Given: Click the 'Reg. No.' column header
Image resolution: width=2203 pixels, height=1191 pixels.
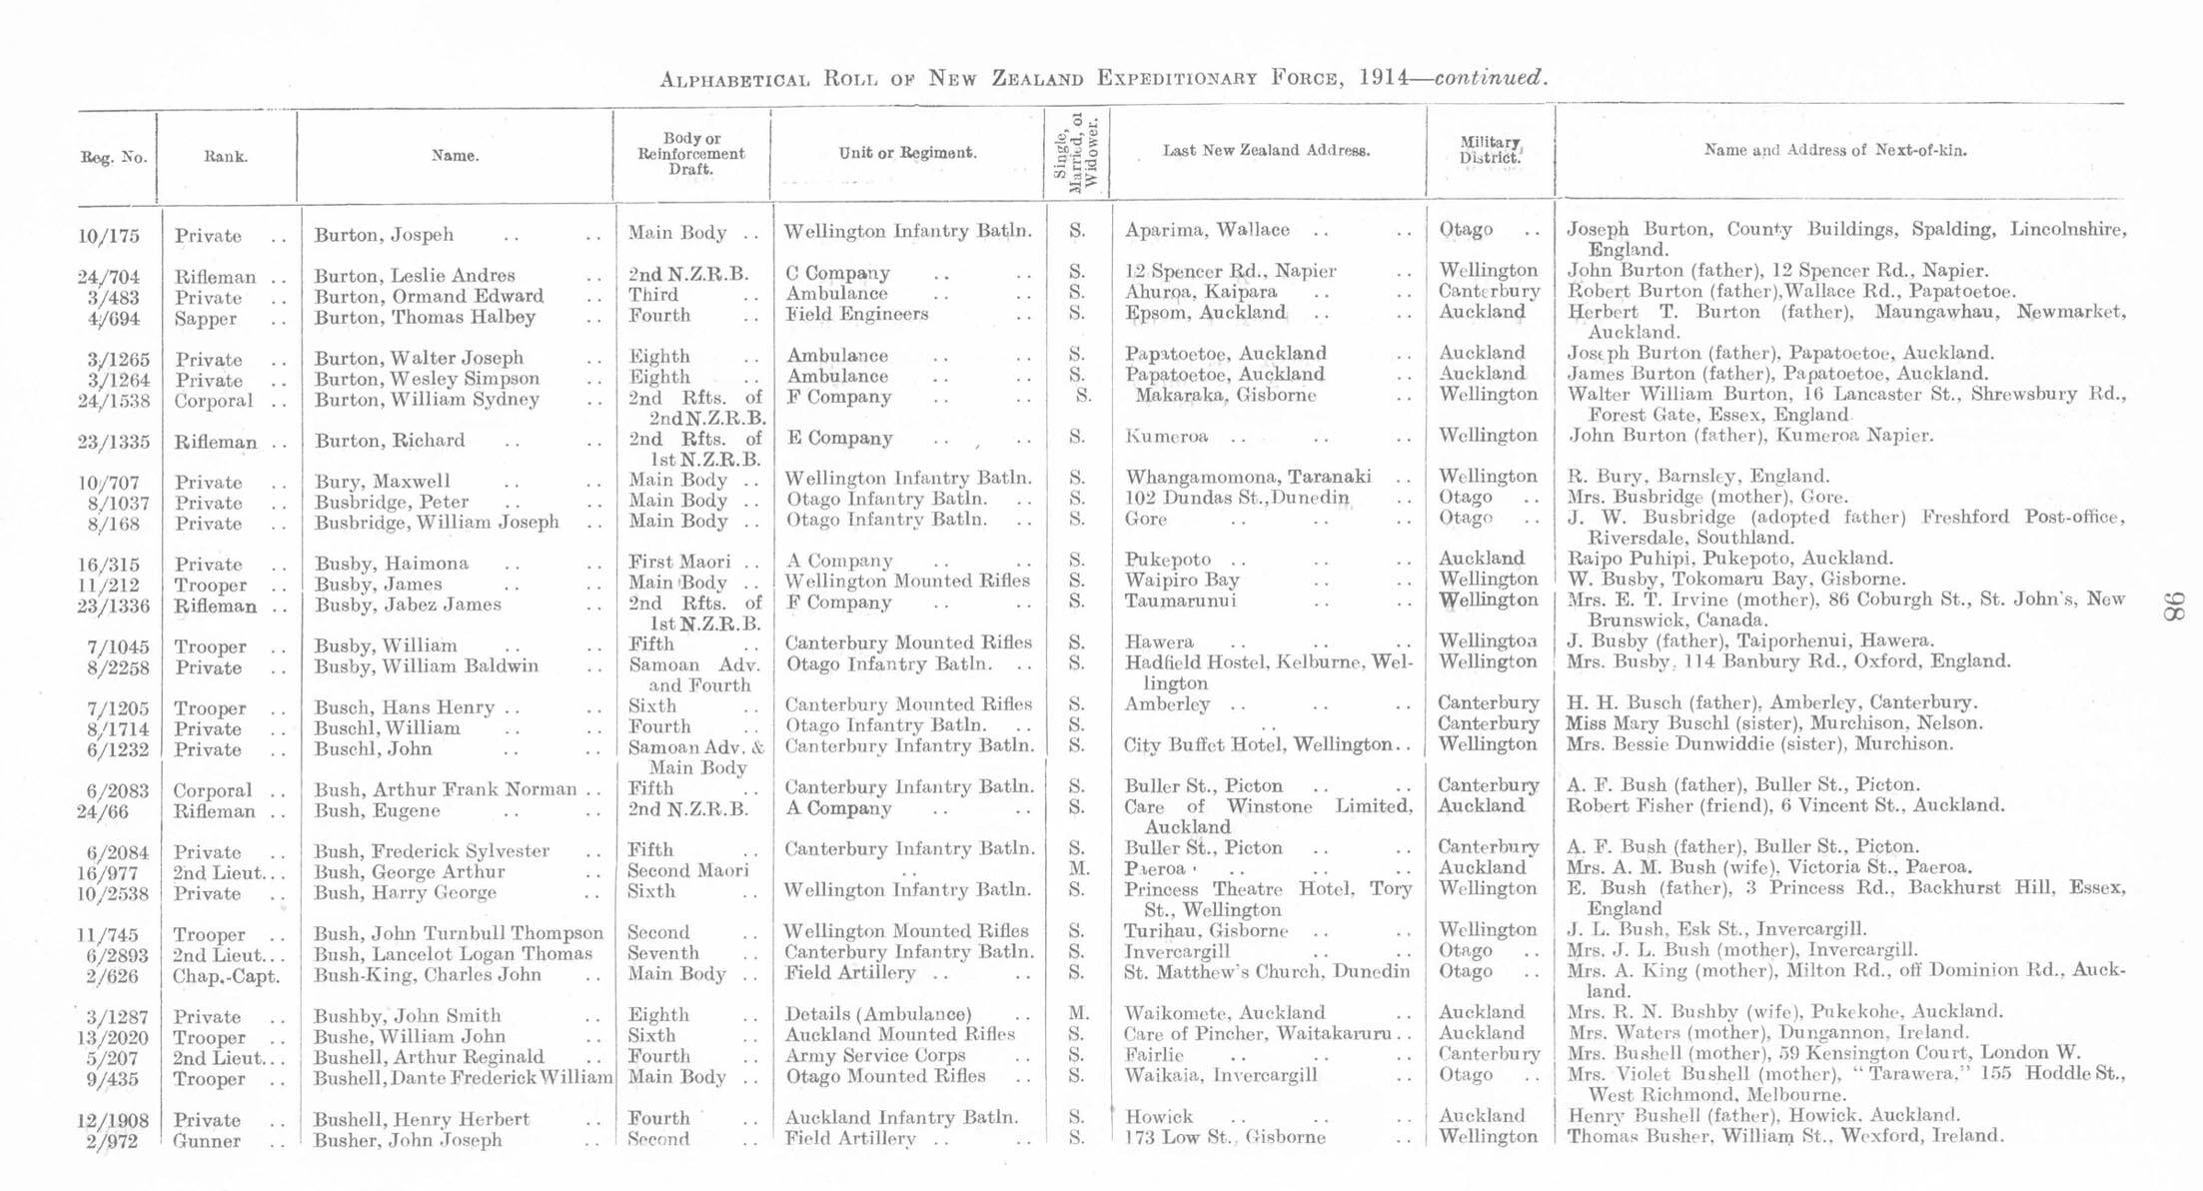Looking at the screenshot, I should [x=113, y=157].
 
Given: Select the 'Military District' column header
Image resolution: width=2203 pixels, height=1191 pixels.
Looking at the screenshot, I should [x=1490, y=150].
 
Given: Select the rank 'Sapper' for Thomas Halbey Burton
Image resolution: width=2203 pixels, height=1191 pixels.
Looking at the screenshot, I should [x=205, y=319].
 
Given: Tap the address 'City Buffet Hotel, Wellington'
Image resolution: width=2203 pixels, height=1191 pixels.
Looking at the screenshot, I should [x=1257, y=744].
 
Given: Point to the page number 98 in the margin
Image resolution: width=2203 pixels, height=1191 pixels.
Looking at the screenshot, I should [x=2174, y=605].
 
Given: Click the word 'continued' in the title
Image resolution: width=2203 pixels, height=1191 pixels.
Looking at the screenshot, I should [x=1489, y=78].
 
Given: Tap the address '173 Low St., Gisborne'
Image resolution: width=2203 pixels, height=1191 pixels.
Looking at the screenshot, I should [x=1225, y=1137].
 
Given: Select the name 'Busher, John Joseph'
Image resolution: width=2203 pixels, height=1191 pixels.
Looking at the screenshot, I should [x=407, y=1140].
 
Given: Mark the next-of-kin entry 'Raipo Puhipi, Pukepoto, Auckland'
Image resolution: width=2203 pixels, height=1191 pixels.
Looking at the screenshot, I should [x=1728, y=559].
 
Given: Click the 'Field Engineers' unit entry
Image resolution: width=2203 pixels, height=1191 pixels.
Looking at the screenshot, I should [x=856, y=314].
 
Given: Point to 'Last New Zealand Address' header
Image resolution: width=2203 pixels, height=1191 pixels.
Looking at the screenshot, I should [x=1265, y=151].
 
